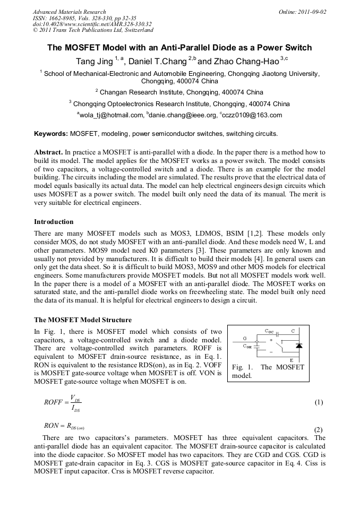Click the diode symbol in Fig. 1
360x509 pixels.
pyautogui.click(x=299, y=346)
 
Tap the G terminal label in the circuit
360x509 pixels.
pyautogui.click(x=244, y=338)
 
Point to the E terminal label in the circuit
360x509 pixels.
pyautogui.click(x=291, y=360)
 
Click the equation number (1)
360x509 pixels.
pyautogui.click(x=319, y=402)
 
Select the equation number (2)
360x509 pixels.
pyautogui.click(x=319, y=429)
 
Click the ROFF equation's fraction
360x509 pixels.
pyautogui.click(x=74, y=402)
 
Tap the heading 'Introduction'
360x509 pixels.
pyautogui.click(x=54, y=221)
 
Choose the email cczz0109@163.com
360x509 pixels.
pyautogui.click(x=255, y=115)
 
